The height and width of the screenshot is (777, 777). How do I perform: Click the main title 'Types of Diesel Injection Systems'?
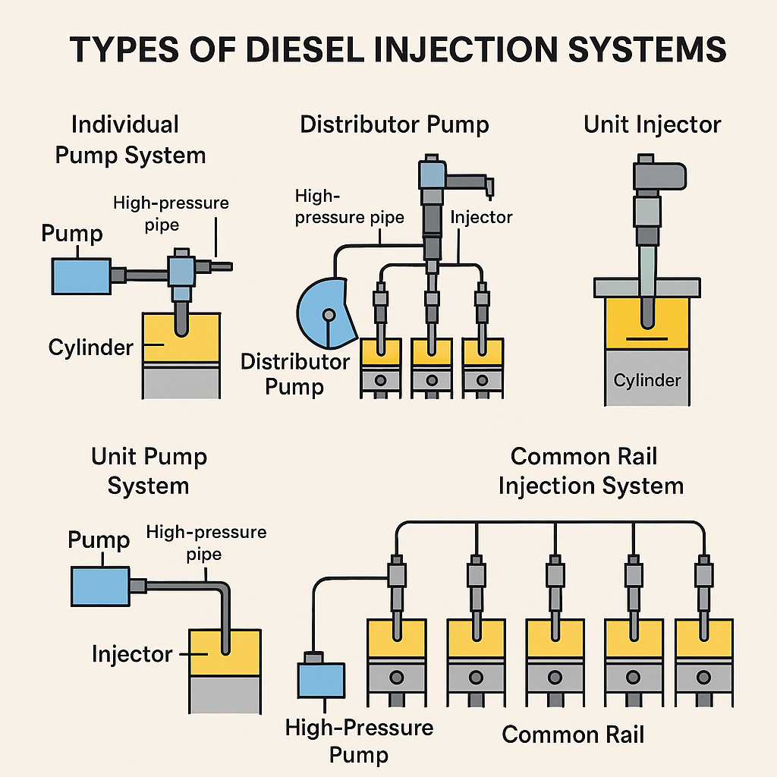pyautogui.click(x=398, y=49)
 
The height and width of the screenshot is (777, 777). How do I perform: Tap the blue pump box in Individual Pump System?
pyautogui.click(x=82, y=276)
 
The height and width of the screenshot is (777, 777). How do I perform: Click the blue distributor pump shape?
pyautogui.click(x=326, y=313)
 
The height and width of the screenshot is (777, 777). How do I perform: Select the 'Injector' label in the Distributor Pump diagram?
pyautogui.click(x=481, y=217)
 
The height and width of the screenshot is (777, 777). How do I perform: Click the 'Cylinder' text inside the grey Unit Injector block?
pyautogui.click(x=647, y=380)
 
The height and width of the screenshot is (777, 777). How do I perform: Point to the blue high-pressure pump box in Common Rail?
pyautogui.click(x=321, y=681)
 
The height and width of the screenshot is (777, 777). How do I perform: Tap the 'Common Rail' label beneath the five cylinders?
pyautogui.click(x=573, y=735)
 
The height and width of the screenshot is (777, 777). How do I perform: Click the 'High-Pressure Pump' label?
pyautogui.click(x=359, y=741)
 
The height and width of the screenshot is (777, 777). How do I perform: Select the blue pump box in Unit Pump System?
pyautogui.click(x=101, y=587)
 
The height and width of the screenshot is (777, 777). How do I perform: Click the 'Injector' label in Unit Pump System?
pyautogui.click(x=132, y=655)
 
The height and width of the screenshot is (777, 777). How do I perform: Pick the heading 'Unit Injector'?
pyautogui.click(x=652, y=124)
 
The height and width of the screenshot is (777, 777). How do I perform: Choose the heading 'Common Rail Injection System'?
pyautogui.click(x=590, y=470)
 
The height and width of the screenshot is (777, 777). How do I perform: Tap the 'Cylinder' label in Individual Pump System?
pyautogui.click(x=91, y=348)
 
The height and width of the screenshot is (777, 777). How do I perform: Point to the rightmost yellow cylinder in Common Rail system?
pyautogui.click(x=703, y=639)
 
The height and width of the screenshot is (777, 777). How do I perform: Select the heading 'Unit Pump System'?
pyautogui.click(x=149, y=470)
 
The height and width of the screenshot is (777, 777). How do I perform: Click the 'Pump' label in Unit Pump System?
pyautogui.click(x=99, y=539)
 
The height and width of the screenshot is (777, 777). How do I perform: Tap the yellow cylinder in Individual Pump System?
pyautogui.click(x=181, y=338)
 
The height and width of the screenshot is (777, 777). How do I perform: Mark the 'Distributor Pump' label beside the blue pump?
pyautogui.click(x=295, y=374)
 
